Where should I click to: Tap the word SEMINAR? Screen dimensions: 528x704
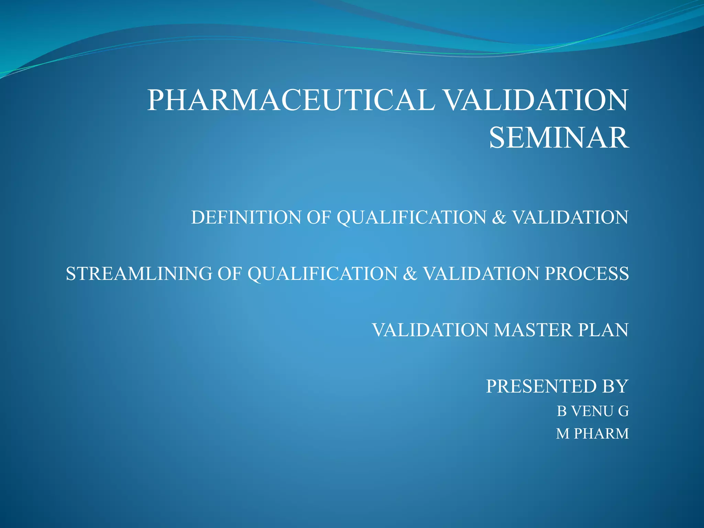[x=559, y=138]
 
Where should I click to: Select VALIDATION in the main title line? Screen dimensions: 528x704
[x=536, y=100]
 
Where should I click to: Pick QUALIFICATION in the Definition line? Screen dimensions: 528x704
[x=411, y=218]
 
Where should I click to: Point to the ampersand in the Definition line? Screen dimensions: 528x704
[x=499, y=218]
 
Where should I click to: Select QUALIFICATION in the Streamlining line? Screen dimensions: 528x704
[x=322, y=274]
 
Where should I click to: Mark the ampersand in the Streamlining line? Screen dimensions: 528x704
[x=410, y=274]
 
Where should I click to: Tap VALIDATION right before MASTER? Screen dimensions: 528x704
[x=430, y=330]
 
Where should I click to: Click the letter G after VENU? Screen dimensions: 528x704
[x=624, y=411]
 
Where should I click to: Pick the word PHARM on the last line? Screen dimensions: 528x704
[x=602, y=434]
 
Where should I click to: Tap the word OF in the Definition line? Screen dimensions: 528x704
[x=319, y=218]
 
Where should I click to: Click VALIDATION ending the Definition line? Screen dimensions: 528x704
[x=571, y=218]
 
